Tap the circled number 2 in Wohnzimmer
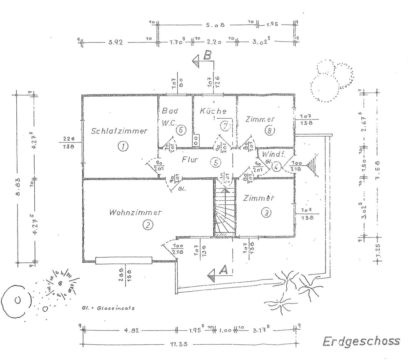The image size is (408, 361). point(147,224)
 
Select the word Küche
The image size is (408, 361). point(213,111)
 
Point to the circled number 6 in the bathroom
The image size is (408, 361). point(182,130)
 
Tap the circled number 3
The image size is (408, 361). point(266,212)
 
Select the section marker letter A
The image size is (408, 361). point(223,269)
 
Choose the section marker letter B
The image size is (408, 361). point(207,56)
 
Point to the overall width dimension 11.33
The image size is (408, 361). point(178,344)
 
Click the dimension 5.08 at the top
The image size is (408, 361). point(215,25)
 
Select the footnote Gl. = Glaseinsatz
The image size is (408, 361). point(109,308)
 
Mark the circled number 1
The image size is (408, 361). point(121,146)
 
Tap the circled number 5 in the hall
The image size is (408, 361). point(216,162)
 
